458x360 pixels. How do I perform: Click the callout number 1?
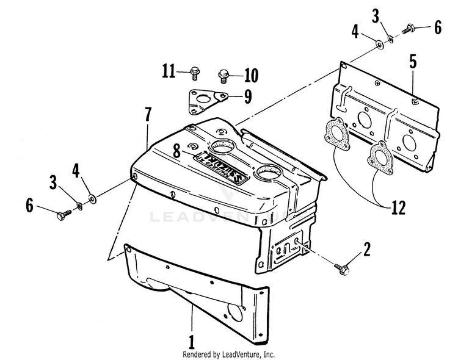click(191, 339)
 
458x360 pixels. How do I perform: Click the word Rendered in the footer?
click(198, 354)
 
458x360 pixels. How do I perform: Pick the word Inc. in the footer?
click(268, 354)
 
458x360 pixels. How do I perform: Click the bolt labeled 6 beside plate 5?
click(408, 29)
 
